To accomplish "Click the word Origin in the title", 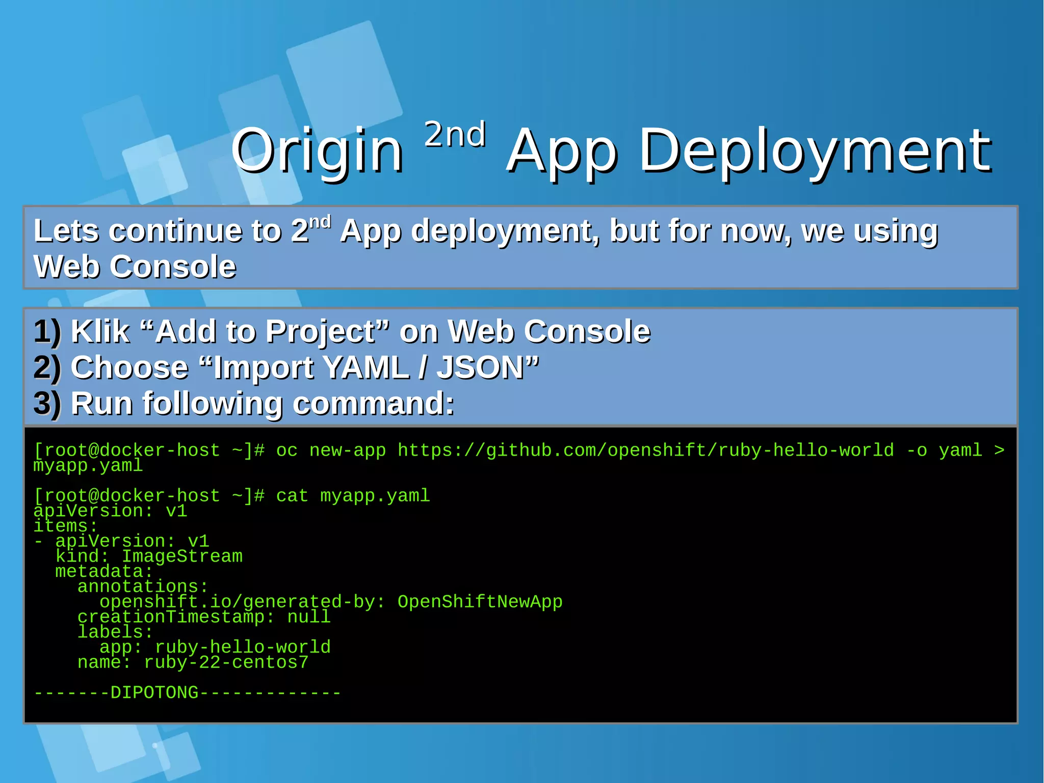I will tap(317, 151).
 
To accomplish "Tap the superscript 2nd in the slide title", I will tap(455, 135).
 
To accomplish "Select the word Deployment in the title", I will tap(815, 151).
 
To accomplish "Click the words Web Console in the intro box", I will tap(135, 266).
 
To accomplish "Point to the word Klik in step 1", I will tap(100, 332).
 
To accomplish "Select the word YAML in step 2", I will tap(365, 368).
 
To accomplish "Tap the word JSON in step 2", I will tap(481, 368).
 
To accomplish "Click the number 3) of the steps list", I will tap(47, 403).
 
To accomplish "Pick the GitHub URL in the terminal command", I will tap(645, 450).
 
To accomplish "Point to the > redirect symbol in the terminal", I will tap(999, 450).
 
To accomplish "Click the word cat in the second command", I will tap(292, 496).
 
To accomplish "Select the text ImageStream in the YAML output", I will tap(182, 557).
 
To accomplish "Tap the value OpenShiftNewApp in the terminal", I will tap(480, 602).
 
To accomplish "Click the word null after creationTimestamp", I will tap(309, 617).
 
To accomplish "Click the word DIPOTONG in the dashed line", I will tap(154, 693).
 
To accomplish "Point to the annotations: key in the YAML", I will tap(143, 587).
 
